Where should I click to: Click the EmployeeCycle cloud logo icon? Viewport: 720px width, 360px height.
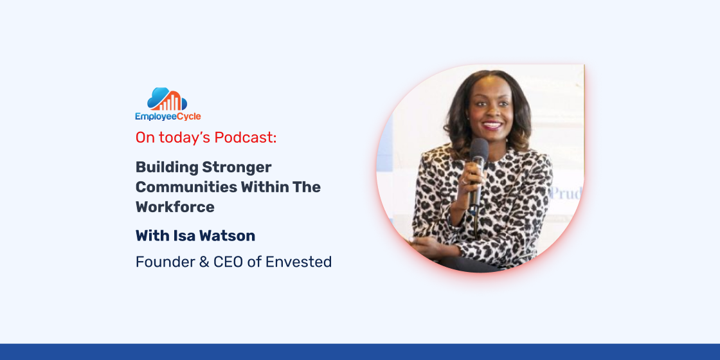click(167, 99)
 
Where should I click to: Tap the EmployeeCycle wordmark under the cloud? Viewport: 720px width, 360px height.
click(168, 116)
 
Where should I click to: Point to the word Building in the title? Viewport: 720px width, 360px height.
click(166, 168)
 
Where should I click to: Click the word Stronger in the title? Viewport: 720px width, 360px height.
click(237, 168)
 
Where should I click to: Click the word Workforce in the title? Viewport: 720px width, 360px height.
click(175, 206)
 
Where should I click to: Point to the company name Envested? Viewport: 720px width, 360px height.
click(298, 262)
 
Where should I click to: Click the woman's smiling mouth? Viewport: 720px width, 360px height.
click(492, 125)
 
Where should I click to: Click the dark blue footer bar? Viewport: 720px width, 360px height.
click(360, 352)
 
